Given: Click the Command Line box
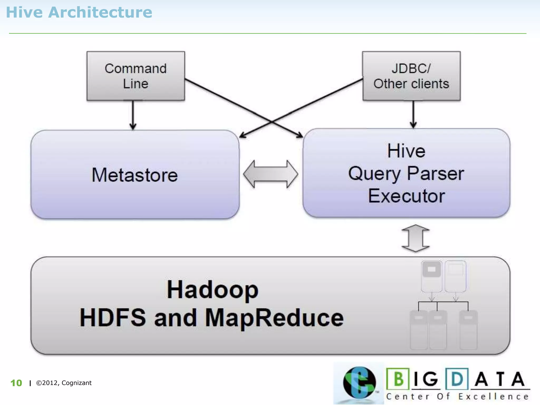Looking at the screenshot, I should (x=136, y=76).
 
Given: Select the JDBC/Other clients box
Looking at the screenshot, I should (x=411, y=76).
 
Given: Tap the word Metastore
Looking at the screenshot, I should (x=135, y=175).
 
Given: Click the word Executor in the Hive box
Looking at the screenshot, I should (x=407, y=196).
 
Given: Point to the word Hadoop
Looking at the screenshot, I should (x=213, y=290).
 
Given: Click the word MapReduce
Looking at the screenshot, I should (x=274, y=318).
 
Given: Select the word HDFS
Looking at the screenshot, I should (x=113, y=318).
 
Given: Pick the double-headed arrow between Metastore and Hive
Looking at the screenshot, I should (x=271, y=174).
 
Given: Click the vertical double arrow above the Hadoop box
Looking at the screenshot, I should (x=416, y=238).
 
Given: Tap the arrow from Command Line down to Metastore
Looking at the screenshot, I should (x=133, y=115).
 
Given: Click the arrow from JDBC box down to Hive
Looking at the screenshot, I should (x=413, y=114).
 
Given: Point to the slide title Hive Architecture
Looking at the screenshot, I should (x=79, y=12).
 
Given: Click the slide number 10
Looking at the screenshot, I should (x=16, y=383).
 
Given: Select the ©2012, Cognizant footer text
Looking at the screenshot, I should (x=64, y=383).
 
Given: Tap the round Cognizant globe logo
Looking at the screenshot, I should (x=359, y=383).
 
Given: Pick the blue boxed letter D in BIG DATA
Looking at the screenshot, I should (x=457, y=379).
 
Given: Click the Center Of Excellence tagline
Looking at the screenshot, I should (x=457, y=397).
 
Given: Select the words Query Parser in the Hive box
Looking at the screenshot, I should (x=406, y=174).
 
